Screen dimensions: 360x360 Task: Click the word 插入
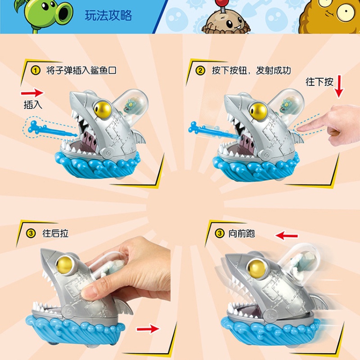click(32, 105)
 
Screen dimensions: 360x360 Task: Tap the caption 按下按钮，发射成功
click(252, 71)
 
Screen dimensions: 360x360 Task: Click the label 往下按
click(319, 82)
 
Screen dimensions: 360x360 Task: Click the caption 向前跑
click(241, 234)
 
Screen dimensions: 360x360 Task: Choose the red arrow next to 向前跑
click(287, 235)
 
